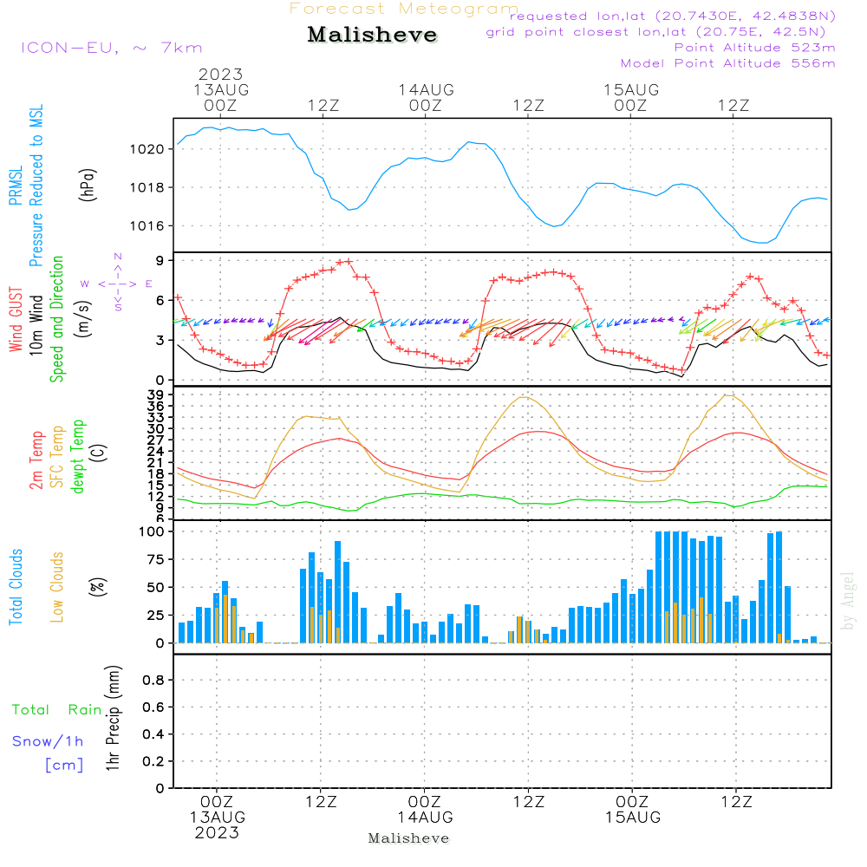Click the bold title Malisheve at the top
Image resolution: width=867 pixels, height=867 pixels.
372,36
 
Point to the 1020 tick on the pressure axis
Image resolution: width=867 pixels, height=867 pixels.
152,149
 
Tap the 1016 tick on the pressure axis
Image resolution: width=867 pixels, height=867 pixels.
152,226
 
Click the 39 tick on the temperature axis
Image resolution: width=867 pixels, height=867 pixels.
157,394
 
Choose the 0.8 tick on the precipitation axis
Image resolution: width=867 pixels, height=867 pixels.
154,681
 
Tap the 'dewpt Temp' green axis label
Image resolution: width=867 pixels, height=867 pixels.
78,457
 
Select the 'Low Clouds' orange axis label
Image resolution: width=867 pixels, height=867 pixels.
57,587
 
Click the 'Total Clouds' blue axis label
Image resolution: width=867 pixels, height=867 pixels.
16,587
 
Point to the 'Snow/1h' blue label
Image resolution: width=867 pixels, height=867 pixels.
48,741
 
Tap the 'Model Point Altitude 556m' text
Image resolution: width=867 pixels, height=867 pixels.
727,63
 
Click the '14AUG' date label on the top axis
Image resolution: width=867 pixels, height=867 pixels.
426,89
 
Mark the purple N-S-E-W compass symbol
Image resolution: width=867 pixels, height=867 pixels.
117,283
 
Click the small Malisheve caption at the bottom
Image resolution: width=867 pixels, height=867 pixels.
408,838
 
